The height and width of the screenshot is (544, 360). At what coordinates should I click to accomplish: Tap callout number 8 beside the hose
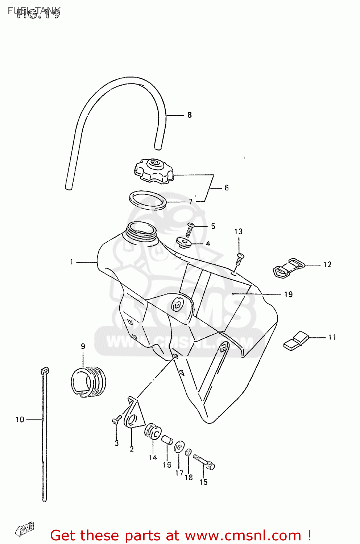190,115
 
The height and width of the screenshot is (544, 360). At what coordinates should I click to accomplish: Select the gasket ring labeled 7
148,200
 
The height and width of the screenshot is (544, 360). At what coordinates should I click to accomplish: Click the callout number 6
227,187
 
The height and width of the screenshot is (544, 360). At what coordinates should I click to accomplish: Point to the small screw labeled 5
190,230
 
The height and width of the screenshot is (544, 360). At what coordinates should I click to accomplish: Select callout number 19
288,294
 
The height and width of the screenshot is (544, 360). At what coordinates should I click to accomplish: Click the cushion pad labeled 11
295,341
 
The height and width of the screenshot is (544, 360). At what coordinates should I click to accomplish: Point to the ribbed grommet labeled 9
88,381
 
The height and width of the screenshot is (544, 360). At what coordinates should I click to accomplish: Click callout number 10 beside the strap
20,420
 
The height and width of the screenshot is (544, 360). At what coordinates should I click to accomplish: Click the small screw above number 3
116,421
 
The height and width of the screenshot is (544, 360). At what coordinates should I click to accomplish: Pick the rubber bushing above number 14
153,432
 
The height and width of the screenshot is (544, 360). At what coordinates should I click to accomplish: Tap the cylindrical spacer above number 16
167,440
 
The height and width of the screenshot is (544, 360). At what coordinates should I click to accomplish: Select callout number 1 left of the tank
72,262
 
